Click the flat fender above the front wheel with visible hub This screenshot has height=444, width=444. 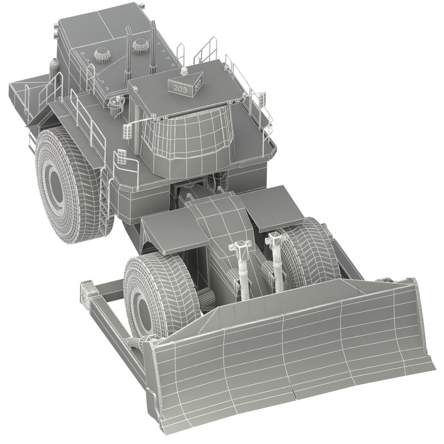click(173, 230)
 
